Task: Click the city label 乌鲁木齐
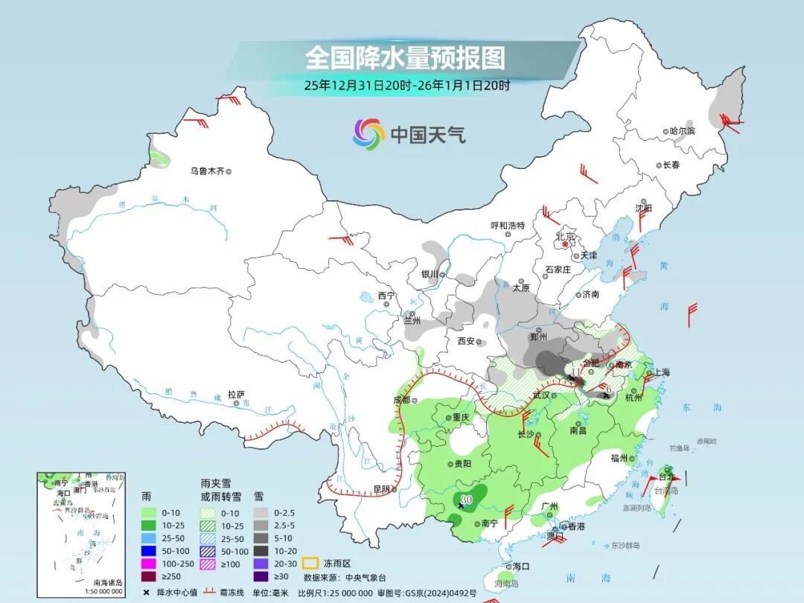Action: click(x=206, y=171)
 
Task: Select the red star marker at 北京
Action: click(x=566, y=244)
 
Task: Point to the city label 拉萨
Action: click(x=237, y=394)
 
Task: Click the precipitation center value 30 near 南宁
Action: click(x=468, y=498)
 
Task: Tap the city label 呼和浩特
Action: click(x=507, y=226)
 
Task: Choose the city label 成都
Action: click(x=401, y=400)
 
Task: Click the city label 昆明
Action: click(x=382, y=489)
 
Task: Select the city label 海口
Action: click(x=520, y=566)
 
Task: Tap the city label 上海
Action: click(x=661, y=372)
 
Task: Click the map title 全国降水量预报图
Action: click(x=405, y=58)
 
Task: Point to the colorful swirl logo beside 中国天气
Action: click(x=368, y=134)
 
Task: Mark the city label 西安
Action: click(x=466, y=341)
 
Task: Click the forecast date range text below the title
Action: click(x=406, y=86)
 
